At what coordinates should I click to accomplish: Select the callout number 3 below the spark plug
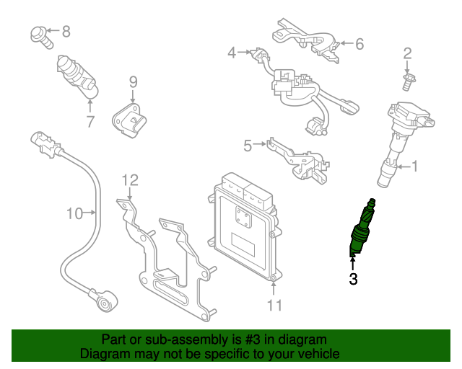point(353,280)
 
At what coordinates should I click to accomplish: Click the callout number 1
point(414,166)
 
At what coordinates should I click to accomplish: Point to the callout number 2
point(407,53)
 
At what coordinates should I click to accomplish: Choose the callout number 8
point(66,31)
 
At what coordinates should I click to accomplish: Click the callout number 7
point(90,122)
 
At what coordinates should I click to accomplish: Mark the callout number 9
point(133,82)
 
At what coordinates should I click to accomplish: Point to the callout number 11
point(274,306)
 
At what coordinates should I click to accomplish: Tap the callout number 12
point(129,179)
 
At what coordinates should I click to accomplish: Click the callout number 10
point(75,213)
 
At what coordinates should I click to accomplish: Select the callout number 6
point(359,44)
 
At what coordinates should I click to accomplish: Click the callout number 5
point(248,146)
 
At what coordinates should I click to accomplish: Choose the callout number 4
point(232,52)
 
